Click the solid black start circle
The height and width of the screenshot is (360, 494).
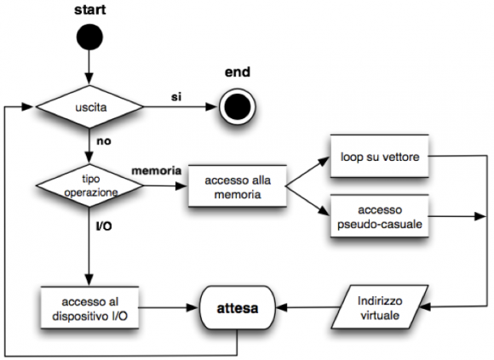click(x=89, y=37)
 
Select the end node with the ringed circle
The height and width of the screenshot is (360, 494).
click(x=238, y=106)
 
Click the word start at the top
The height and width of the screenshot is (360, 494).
click(x=89, y=9)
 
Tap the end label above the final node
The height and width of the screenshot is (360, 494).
click(x=238, y=72)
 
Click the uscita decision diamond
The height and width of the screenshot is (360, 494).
click(x=89, y=106)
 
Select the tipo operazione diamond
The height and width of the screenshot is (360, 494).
click(x=89, y=186)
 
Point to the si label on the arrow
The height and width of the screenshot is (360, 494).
click(x=176, y=97)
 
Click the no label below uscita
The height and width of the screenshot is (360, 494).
click(x=104, y=141)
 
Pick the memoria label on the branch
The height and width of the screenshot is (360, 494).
click(x=157, y=171)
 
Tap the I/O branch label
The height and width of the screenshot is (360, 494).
click(x=104, y=226)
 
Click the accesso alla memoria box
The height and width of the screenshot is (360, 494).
click(x=238, y=186)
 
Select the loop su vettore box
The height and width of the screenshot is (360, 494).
click(x=380, y=157)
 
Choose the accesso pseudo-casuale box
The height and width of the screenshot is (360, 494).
click(x=380, y=216)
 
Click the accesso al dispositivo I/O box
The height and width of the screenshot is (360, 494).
click(x=89, y=308)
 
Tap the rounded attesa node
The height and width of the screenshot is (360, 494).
click(x=238, y=308)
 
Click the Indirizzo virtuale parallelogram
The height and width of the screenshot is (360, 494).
click(x=380, y=307)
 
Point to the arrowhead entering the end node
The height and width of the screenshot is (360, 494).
click(x=212, y=106)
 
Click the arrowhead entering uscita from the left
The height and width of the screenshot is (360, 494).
click(x=27, y=106)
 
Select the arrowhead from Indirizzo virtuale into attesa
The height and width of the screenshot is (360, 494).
click(x=282, y=307)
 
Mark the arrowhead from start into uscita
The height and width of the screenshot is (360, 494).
click(x=89, y=78)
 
